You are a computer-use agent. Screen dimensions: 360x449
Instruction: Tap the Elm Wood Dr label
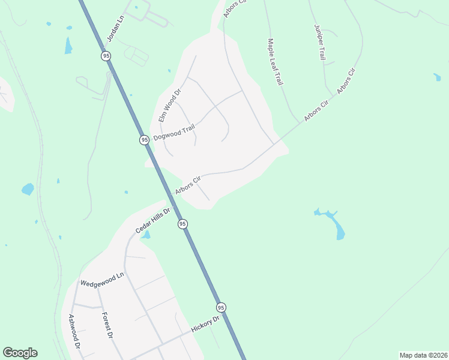[169, 106]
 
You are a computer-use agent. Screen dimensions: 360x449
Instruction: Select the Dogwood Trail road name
[175, 132]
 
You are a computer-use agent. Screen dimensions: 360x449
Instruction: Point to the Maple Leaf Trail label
[275, 62]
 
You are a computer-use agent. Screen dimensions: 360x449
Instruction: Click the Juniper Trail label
[319, 43]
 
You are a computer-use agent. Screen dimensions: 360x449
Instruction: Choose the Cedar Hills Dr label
[154, 220]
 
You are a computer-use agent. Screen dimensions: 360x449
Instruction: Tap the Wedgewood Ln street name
[101, 279]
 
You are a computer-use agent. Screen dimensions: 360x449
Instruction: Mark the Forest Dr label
[107, 326]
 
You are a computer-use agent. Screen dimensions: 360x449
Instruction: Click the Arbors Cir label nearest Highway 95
[188, 185]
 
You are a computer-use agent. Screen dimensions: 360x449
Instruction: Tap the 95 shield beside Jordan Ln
[106, 56]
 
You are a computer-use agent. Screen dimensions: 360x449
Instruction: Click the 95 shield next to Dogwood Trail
[144, 140]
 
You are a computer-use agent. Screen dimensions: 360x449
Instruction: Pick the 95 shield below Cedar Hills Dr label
[182, 224]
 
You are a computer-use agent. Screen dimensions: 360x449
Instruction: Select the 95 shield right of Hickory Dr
[221, 307]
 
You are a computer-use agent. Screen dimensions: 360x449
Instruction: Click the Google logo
[20, 353]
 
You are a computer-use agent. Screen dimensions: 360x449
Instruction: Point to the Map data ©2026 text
[423, 355]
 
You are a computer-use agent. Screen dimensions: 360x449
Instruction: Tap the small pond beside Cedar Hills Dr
[145, 235]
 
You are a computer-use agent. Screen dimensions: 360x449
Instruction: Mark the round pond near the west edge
[28, 189]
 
